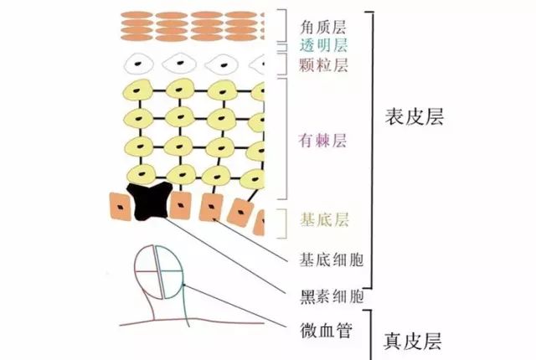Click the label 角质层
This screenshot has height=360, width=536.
point(323,27)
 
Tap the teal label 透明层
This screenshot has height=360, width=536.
point(323,45)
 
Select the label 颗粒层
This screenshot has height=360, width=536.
point(323,64)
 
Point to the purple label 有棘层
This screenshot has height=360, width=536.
point(322,140)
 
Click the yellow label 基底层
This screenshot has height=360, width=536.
point(324,219)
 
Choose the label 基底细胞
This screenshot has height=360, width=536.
point(332,260)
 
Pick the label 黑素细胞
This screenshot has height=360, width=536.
point(332,296)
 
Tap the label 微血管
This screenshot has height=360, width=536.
point(326,331)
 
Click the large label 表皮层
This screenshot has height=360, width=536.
point(415,117)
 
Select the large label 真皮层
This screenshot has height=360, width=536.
point(413,341)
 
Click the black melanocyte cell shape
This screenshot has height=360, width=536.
point(150,202)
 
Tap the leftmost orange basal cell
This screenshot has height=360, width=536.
point(120,207)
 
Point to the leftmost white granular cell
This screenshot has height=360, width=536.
point(138,64)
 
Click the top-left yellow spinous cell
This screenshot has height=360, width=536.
point(137,90)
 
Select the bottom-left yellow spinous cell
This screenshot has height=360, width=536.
point(142,174)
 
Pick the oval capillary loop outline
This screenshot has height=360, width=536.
point(158,272)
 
